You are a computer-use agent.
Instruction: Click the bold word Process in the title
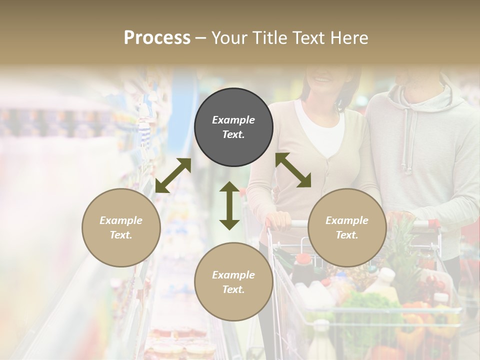point(157,37)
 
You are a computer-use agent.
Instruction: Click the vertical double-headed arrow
point(229,205)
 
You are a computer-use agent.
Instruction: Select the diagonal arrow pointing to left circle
point(173,175)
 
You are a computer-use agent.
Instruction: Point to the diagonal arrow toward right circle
point(293,170)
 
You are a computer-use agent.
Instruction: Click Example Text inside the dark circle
point(233,127)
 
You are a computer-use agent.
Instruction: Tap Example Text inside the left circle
point(121,227)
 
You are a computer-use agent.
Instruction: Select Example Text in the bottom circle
point(233,282)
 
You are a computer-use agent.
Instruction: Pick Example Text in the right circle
point(347,227)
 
